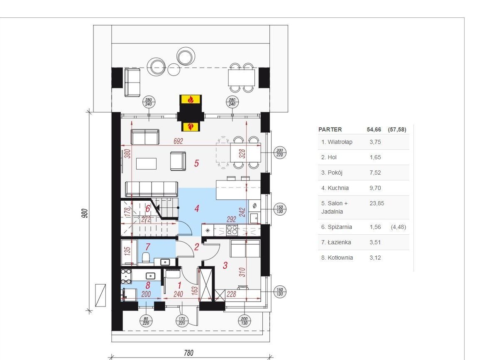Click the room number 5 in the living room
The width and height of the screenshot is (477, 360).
click(196, 163)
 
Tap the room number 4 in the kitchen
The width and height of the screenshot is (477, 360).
click(197, 209)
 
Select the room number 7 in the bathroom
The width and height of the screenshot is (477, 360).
click(148, 247)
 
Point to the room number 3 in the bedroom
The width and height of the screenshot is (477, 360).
click(225, 265)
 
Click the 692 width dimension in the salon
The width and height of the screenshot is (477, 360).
click(178, 141)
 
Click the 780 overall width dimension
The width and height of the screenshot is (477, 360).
click(188, 353)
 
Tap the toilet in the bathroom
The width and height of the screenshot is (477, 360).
click(146, 258)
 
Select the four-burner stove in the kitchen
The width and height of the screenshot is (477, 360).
click(232, 230)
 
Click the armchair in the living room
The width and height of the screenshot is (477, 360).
click(178, 161)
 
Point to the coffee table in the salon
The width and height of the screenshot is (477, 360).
click(146, 164)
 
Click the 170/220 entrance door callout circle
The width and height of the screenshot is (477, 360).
click(181, 321)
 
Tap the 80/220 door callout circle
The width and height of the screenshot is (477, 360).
click(146, 321)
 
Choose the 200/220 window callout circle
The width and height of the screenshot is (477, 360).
click(279, 153)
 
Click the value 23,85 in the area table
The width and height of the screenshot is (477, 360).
click(377, 203)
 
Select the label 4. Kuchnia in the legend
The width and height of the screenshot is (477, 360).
click(335, 188)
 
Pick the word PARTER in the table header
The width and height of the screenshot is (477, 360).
click(330, 129)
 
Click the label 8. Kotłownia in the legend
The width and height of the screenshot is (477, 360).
click(337, 258)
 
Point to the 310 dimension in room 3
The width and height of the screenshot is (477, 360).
click(242, 272)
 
